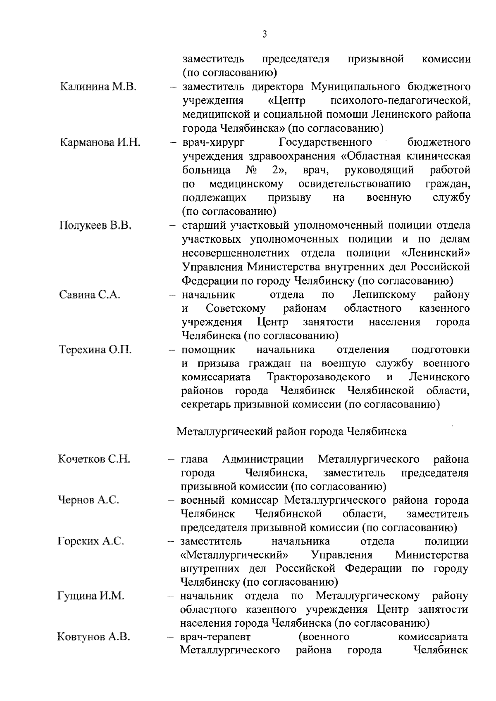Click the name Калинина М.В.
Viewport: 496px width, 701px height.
[98, 87]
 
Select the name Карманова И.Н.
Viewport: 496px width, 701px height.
[100, 142]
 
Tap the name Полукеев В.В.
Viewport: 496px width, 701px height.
[95, 225]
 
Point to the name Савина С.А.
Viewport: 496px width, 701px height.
[90, 295]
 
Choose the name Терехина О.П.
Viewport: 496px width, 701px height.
[95, 350]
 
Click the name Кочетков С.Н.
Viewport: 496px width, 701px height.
[94, 459]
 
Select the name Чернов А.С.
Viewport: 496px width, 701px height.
[88, 500]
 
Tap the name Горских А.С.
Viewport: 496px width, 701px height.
[91, 541]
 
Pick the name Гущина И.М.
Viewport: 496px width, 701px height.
[91, 596]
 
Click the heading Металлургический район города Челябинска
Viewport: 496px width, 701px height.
[291, 431]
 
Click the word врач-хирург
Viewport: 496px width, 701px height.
[213, 142]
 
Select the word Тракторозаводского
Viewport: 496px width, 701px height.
[318, 377]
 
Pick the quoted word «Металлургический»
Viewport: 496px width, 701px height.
[234, 555]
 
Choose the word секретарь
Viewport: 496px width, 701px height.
[205, 405]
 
